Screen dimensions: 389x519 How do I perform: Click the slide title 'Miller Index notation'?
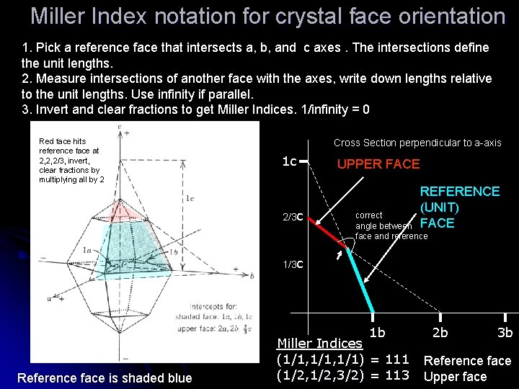268,16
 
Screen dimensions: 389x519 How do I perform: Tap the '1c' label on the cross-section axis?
289,161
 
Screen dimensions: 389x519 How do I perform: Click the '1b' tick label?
377,333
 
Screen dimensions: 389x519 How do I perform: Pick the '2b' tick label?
440,333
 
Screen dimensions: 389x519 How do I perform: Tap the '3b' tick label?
505,333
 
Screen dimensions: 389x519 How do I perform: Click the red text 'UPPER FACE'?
378,164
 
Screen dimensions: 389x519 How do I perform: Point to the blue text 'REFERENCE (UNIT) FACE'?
459,207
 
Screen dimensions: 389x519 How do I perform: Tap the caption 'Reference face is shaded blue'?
105,378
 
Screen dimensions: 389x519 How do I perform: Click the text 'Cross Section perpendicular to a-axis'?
417,143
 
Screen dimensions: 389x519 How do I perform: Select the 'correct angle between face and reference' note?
389,225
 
